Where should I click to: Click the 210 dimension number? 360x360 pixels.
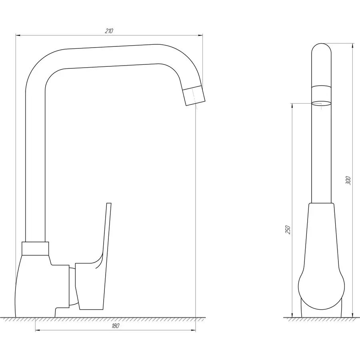109,31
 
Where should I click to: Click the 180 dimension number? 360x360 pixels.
116,326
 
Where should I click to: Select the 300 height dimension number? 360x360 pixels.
348,180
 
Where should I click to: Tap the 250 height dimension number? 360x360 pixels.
288,230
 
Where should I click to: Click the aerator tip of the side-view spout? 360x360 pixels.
194,96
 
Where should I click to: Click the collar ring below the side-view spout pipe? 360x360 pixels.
35,248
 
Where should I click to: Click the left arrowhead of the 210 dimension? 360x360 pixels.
18,35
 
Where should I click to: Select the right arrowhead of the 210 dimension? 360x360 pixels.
200,35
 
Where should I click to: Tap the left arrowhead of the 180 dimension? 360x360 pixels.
38,330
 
